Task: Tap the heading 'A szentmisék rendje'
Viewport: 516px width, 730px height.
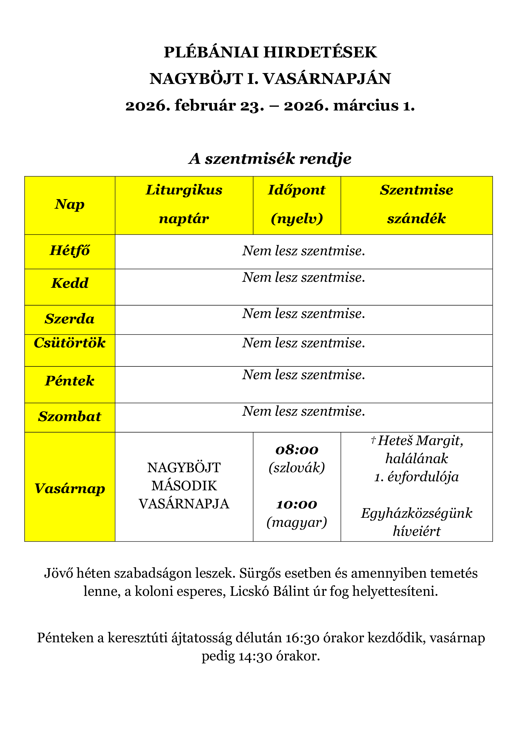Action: [270, 158]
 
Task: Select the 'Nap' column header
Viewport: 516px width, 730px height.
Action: [70, 204]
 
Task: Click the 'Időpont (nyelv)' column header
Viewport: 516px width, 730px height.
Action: [296, 204]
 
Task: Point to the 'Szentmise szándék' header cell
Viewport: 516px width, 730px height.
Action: [416, 204]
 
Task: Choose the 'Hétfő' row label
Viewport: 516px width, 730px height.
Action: [70, 251]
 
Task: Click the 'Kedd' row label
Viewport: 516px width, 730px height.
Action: [70, 283]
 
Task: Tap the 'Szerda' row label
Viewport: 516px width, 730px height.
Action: [70, 319]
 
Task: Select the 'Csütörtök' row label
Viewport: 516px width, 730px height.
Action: [70, 343]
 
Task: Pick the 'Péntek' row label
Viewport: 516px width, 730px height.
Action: [70, 380]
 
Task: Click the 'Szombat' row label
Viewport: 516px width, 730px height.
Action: [70, 417]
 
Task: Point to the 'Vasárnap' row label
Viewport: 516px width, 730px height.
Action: [70, 488]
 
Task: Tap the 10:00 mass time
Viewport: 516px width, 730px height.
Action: [297, 504]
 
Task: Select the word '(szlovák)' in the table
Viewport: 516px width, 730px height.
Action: [297, 468]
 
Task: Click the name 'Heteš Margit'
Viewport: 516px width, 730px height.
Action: [420, 441]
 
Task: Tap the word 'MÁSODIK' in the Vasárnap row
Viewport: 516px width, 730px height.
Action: [184, 486]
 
